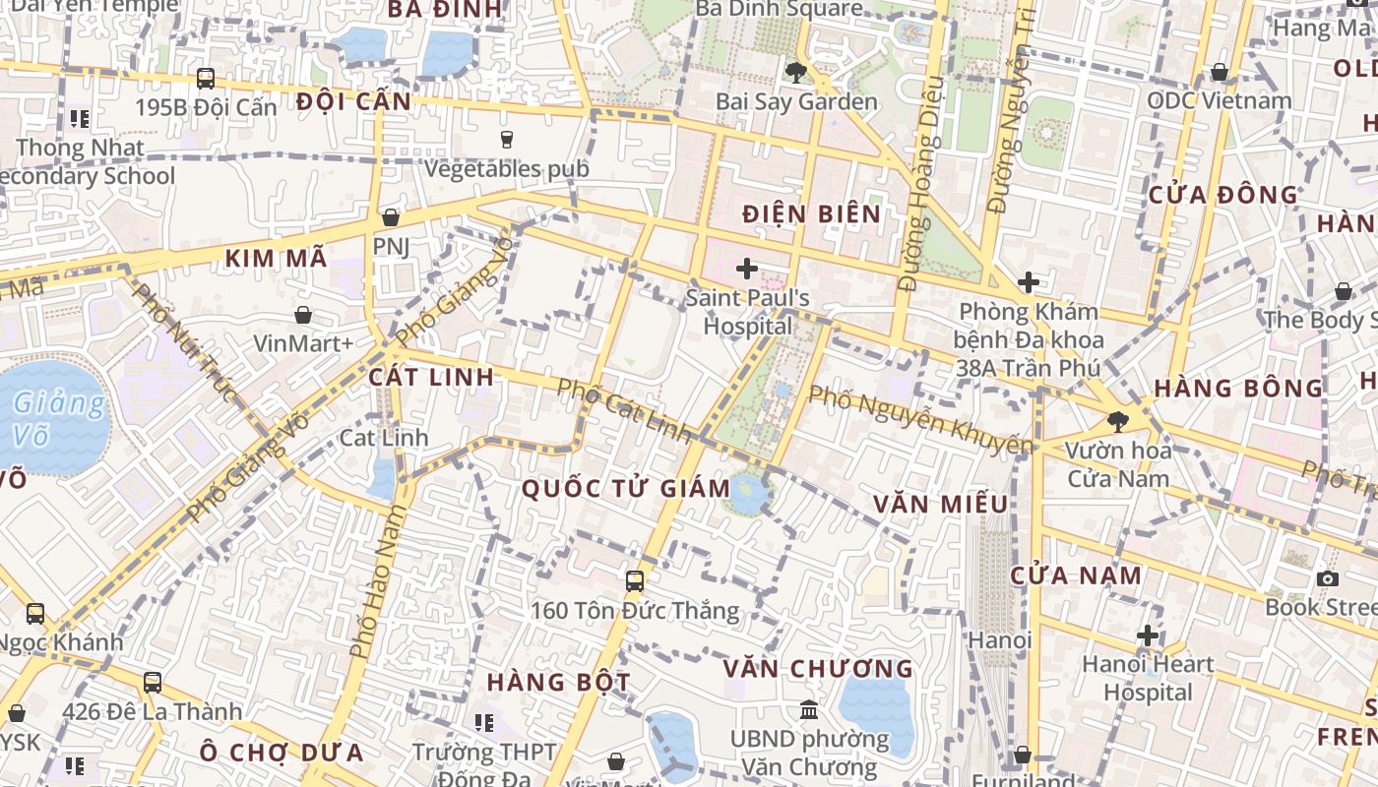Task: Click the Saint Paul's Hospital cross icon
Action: click(x=747, y=268)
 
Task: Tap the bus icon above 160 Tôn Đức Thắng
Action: click(x=635, y=580)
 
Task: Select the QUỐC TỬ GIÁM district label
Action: click(x=626, y=489)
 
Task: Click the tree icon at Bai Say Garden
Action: click(x=795, y=72)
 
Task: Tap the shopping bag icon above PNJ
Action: click(x=391, y=217)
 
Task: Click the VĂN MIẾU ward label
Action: click(x=941, y=505)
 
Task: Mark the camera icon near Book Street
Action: click(x=1328, y=578)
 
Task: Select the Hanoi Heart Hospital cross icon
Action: click(x=1148, y=636)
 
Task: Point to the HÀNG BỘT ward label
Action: click(x=558, y=682)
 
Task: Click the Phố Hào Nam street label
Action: click(x=376, y=581)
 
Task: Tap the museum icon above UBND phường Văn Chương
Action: click(x=809, y=709)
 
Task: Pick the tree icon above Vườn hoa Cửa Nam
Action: click(x=1117, y=422)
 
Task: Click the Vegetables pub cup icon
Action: click(x=507, y=140)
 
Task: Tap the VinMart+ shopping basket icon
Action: click(x=304, y=315)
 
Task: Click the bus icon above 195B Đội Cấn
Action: click(x=206, y=79)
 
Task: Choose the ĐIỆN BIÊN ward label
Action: click(x=812, y=214)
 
